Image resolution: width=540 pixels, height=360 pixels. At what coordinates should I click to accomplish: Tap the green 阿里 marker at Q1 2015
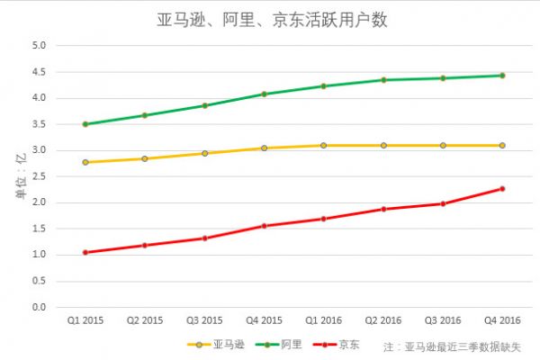point(85,124)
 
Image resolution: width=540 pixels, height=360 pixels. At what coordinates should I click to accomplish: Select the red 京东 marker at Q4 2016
point(502,189)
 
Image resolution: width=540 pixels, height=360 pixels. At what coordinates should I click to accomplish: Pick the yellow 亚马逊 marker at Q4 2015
point(264,148)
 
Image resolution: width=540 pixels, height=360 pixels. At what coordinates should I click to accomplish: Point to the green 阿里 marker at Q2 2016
point(383,80)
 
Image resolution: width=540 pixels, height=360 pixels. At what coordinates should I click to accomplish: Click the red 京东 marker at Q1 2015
point(85,253)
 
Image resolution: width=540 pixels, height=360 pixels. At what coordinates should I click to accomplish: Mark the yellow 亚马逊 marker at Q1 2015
point(85,162)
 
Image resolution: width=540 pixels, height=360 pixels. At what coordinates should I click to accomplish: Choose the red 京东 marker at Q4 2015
point(264,226)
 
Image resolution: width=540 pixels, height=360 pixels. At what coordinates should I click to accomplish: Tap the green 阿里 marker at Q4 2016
point(502,76)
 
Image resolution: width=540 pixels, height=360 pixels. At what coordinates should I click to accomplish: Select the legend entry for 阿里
point(282,344)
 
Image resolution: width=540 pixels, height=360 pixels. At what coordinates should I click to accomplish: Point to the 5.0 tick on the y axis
point(40,45)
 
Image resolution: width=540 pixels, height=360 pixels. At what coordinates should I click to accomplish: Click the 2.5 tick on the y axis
point(40,176)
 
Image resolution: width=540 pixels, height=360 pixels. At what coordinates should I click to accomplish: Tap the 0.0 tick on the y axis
point(40,308)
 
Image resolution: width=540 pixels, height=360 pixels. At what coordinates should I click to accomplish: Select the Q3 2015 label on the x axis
point(204,320)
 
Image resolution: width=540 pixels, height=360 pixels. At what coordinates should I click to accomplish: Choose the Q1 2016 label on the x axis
point(324,320)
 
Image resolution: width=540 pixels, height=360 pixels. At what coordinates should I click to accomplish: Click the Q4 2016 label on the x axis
point(502,320)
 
